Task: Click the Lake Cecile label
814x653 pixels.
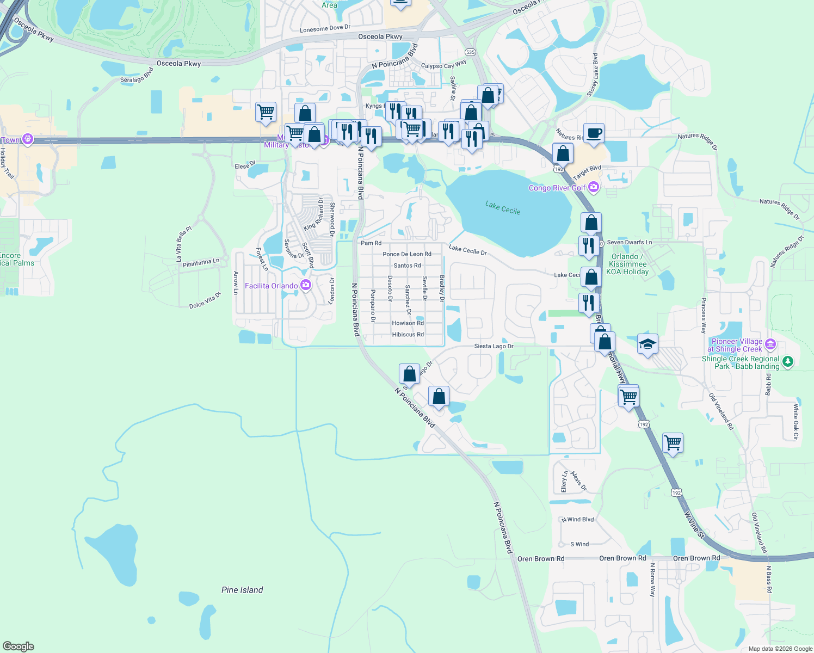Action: pos(503,207)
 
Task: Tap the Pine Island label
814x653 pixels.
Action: pos(242,590)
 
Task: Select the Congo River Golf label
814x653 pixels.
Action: pos(557,188)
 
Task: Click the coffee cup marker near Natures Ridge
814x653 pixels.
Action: pos(594,133)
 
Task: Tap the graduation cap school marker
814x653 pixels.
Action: pos(647,344)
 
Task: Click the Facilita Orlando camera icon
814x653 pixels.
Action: pos(306,285)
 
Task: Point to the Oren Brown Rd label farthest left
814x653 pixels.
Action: pos(540,559)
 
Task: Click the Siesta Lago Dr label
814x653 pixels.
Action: pos(494,346)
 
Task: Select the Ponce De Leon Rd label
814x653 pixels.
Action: pos(406,254)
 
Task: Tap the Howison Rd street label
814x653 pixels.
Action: pos(408,323)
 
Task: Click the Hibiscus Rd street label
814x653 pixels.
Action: pos(408,335)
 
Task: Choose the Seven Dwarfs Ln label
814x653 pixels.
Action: pos(629,242)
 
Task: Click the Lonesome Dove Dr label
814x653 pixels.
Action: pos(325,28)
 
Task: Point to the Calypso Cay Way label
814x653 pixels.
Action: pos(443,65)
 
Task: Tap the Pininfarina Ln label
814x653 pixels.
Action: pos(201,263)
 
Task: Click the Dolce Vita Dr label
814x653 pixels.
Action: pos(205,301)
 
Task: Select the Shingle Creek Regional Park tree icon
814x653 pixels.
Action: pos(788,362)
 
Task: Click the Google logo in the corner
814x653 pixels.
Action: pos(18,646)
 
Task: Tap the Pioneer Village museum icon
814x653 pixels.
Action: pos(770,343)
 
